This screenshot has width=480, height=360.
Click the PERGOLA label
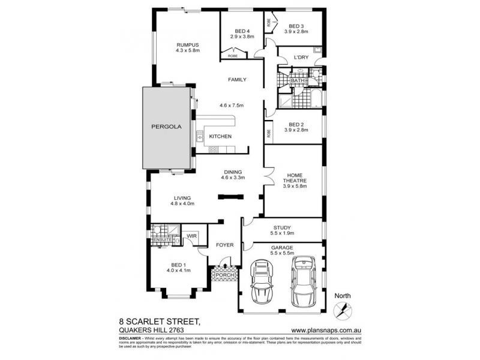click(166, 127)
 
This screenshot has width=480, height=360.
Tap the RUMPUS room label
click(187, 45)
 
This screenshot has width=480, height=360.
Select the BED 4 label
click(242, 31)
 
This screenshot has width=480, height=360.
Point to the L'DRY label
click(301, 58)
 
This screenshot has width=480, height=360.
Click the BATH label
click(297, 80)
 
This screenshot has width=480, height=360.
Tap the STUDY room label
click(282, 227)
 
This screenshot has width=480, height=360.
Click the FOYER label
click(225, 245)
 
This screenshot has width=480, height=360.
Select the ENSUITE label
click(162, 240)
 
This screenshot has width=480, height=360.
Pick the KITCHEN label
click(220, 137)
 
